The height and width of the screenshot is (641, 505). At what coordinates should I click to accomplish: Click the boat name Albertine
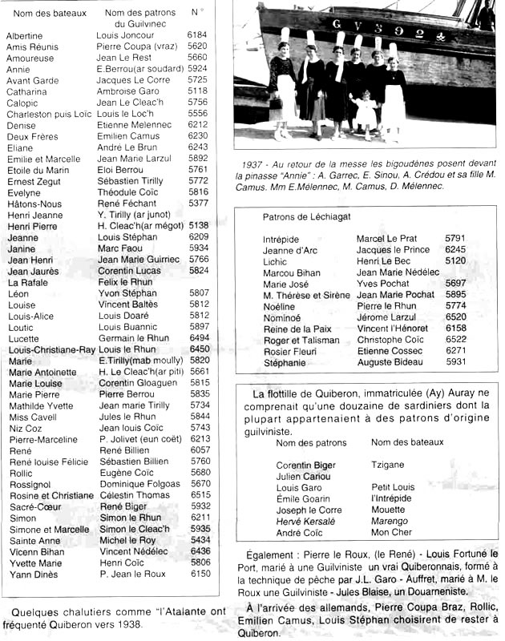(25, 36)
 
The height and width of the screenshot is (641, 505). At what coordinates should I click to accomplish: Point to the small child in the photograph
(366, 111)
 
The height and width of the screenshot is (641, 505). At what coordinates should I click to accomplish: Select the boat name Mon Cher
(392, 533)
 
